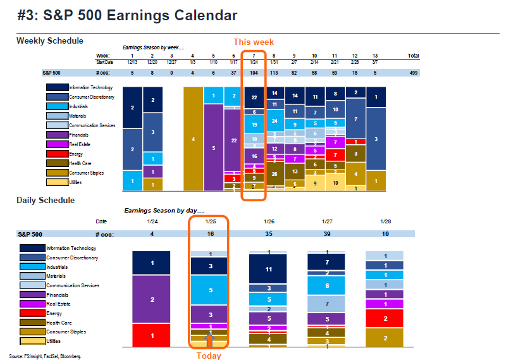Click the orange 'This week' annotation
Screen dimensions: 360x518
tap(254, 42)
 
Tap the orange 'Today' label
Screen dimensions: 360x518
tap(209, 356)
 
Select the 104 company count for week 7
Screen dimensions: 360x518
tap(254, 73)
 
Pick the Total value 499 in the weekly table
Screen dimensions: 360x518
tap(414, 73)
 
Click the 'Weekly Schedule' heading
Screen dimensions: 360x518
tap(49, 41)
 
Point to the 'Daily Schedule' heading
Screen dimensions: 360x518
tap(46, 200)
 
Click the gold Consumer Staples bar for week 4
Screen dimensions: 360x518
tap(194, 139)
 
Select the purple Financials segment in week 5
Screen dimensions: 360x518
tap(214, 147)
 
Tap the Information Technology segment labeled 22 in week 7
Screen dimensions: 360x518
tap(254, 97)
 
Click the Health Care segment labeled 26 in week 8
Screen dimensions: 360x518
tap(274, 173)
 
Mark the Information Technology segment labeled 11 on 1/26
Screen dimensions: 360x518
tap(268, 269)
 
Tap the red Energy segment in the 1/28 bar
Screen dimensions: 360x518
tap(385, 318)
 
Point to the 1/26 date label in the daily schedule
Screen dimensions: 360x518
tap(268, 221)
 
